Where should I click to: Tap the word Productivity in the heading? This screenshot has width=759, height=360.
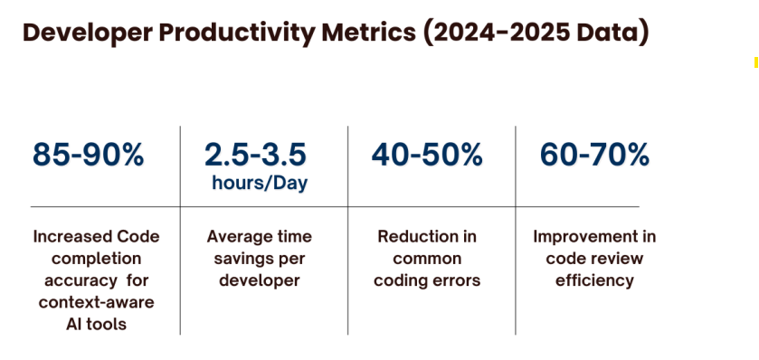pos(237,33)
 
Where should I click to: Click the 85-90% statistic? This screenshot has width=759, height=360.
pos(88,155)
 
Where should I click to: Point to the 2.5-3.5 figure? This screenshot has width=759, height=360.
pos(255,155)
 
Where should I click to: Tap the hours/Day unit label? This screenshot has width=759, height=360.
pos(260,184)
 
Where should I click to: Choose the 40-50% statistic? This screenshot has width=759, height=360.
pos(427,155)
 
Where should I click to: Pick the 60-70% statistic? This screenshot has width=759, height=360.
pos(594,155)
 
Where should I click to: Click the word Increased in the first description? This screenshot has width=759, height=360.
pos(66,237)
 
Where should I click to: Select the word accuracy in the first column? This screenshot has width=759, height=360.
pos(76,281)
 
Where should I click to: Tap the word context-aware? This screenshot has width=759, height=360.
pos(96,302)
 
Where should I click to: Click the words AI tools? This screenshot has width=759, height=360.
pos(96,324)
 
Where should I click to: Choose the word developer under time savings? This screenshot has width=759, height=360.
pos(260,280)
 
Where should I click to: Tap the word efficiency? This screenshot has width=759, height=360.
pos(594,281)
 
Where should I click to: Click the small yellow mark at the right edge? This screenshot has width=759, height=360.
pos(756,62)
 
